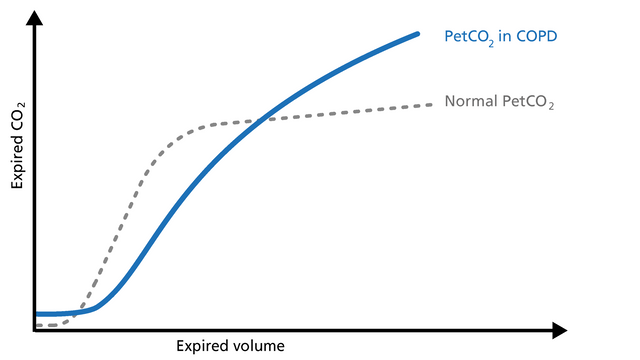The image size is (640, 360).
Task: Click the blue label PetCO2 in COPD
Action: click(x=500, y=36)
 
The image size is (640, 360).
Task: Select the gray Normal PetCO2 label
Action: click(x=499, y=102)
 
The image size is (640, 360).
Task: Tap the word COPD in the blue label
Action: click(x=536, y=36)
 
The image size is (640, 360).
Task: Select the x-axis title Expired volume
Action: click(x=230, y=346)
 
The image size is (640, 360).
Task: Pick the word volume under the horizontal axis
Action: click(x=259, y=346)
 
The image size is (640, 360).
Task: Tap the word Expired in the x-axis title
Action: click(x=203, y=346)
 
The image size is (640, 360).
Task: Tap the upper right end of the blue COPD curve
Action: click(x=417, y=34)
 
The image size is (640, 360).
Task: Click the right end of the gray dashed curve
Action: click(x=432, y=103)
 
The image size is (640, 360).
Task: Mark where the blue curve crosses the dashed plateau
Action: click(x=260, y=120)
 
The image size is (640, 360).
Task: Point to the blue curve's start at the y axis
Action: click(x=37, y=314)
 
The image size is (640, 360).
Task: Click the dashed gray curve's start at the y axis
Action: click(x=37, y=326)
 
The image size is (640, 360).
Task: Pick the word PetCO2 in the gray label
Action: click(x=528, y=102)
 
